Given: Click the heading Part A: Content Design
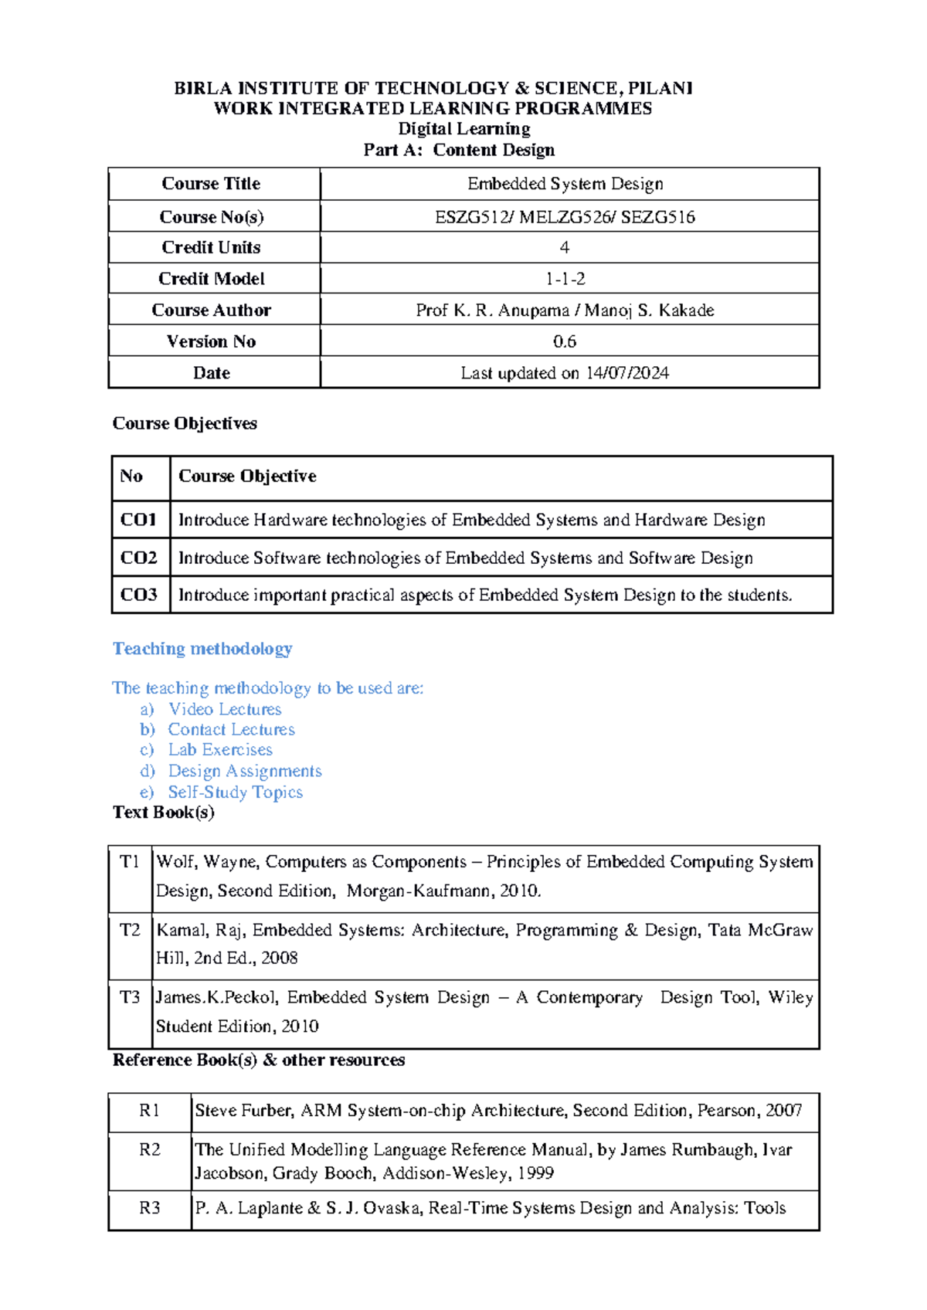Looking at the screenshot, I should coord(459,150).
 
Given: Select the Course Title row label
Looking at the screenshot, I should coord(211,184).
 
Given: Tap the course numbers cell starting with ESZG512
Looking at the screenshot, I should coord(565,217).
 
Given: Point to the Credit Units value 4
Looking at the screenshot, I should coord(565,248).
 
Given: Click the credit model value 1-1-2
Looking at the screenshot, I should coord(565,279).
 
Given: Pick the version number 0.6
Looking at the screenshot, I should coord(565,341).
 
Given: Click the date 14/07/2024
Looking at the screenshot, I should coord(626,373).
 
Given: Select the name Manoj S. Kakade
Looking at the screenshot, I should coord(649,311).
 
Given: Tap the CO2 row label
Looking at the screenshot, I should coord(139,558).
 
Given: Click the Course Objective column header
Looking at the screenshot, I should coord(247,477).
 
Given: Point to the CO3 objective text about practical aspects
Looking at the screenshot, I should coord(485,595).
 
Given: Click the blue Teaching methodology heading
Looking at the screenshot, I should coord(202,649).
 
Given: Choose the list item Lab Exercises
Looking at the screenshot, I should coord(220,750).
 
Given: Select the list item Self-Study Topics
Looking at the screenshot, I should coord(235,792).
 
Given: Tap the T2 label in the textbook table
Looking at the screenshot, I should coord(130,930).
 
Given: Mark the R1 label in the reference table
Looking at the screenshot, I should coord(149,1111).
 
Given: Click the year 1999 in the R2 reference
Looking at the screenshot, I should coord(535,1173).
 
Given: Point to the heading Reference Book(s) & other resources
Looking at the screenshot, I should coord(259,1061).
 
